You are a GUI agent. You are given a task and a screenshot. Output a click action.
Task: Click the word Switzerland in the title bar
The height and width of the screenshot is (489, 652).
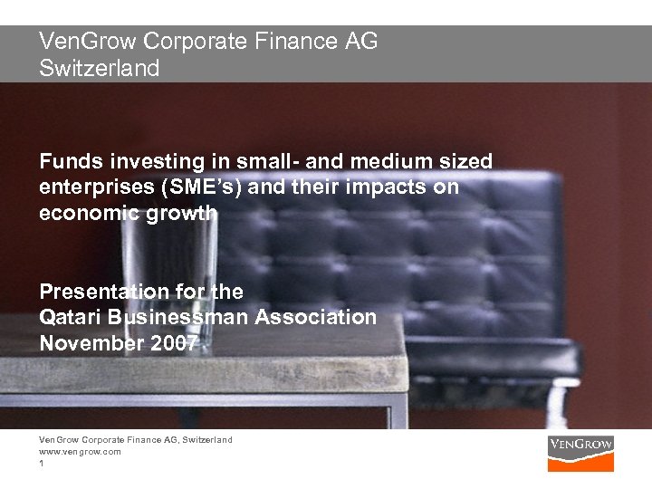click(x=99, y=67)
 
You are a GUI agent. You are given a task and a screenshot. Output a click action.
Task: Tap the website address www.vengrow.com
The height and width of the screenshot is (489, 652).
click(x=80, y=450)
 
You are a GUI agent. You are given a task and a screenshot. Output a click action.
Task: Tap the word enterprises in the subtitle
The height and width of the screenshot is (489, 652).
click(x=97, y=187)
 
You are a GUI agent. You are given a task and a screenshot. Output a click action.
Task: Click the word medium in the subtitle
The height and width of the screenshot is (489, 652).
click(x=388, y=161)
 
